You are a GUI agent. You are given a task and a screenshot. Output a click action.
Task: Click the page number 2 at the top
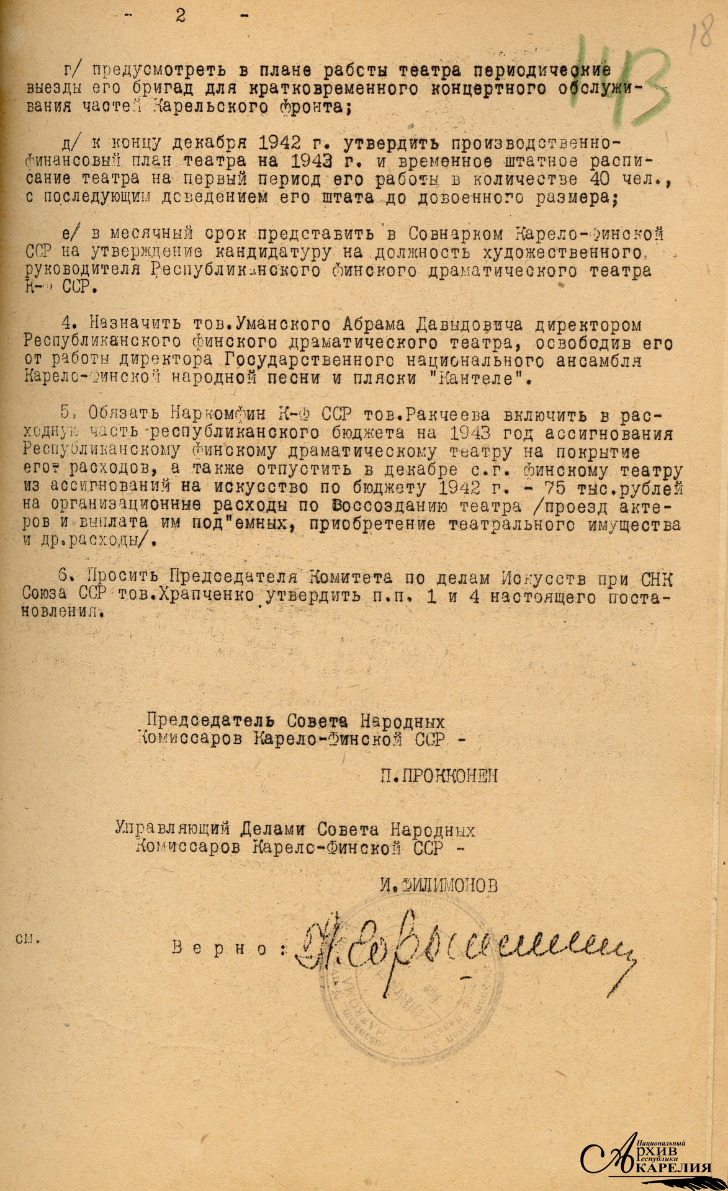point(181,16)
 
